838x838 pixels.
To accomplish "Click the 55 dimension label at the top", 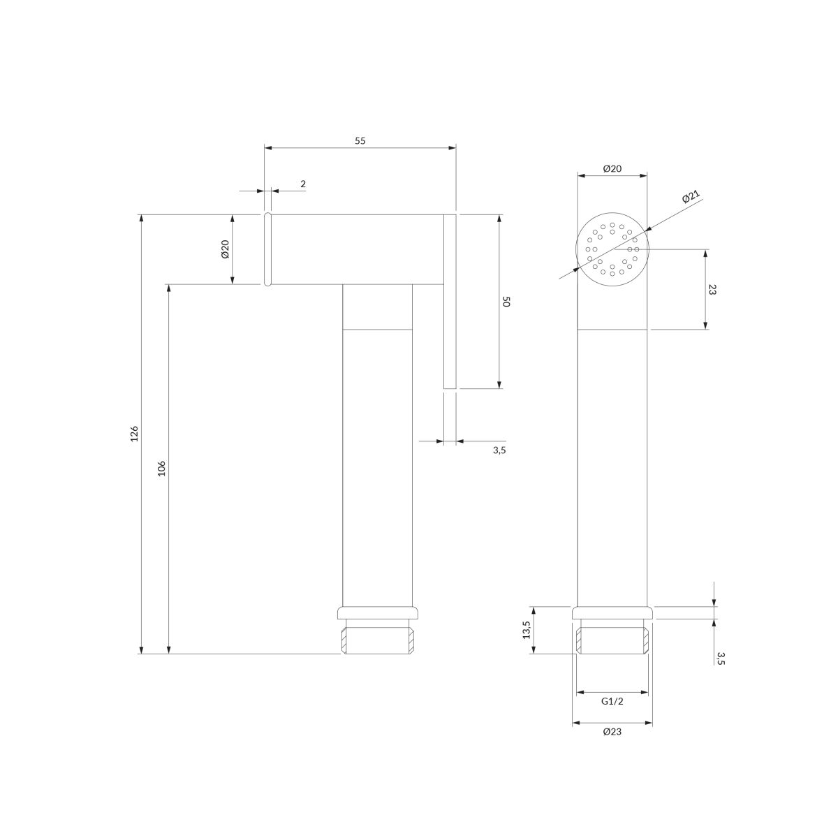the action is tap(360, 140).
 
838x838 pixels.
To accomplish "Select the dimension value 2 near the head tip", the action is tap(303, 184).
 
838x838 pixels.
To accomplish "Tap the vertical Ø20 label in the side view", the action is tap(225, 249).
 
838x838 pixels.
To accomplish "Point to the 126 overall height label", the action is tap(134, 434).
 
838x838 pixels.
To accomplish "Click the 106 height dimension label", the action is tap(162, 468).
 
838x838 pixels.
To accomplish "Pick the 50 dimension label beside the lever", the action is tap(506, 302).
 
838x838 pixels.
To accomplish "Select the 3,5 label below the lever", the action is tap(499, 450).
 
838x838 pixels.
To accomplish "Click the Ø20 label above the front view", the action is tap(612, 169).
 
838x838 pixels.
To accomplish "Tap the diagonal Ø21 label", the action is tap(691, 196).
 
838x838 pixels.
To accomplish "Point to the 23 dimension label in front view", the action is tap(712, 290).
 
